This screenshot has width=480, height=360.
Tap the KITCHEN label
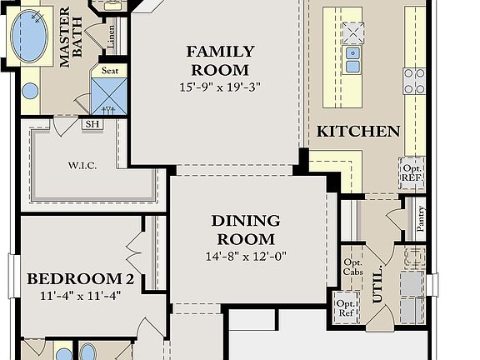[x=358, y=132]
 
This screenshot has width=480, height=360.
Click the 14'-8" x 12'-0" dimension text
[x=246, y=257]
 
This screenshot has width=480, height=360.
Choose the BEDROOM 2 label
[x=81, y=279]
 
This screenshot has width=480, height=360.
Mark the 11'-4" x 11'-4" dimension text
[x=81, y=295]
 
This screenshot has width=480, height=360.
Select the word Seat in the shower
[x=110, y=71]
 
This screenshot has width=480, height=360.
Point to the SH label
[x=92, y=124]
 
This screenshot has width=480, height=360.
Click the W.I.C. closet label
[x=82, y=165]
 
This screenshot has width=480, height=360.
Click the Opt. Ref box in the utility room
[x=346, y=307]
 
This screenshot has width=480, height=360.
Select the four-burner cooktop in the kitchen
[x=414, y=81]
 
